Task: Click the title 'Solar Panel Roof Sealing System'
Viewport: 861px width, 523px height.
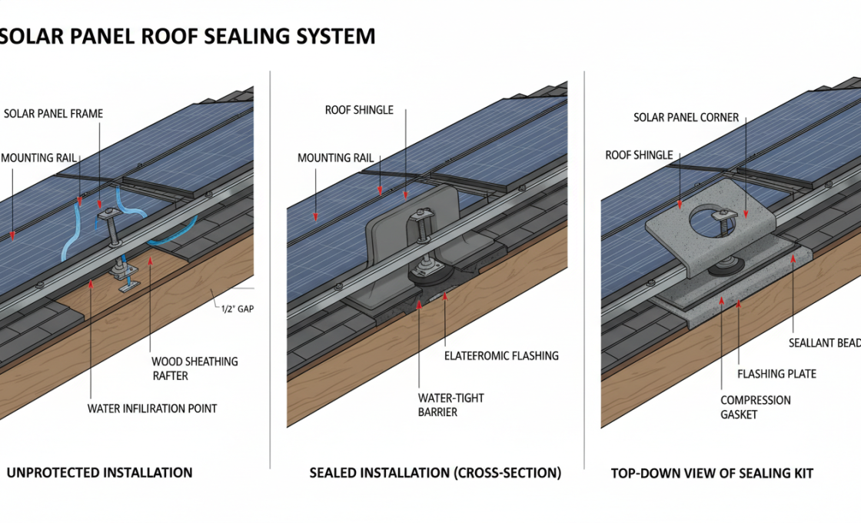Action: [188, 36]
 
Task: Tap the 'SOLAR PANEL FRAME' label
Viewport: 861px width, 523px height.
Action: [53, 114]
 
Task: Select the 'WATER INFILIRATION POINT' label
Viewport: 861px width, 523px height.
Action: [152, 408]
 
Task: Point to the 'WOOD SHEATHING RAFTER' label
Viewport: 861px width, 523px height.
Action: [194, 368]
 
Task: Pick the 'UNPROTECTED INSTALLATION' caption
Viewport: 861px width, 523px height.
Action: [99, 472]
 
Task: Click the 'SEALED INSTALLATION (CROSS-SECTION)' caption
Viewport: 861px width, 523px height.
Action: [435, 473]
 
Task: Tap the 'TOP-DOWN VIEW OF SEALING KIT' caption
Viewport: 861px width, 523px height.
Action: [712, 473]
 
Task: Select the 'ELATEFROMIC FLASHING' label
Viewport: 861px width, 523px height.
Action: [501, 356]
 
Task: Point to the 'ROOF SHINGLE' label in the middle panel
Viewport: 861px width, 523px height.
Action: [359, 110]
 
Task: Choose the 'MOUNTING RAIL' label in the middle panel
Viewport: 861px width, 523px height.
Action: [335, 158]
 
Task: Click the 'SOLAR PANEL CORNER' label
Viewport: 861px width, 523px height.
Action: [686, 118]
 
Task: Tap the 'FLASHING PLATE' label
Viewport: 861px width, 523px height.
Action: [776, 374]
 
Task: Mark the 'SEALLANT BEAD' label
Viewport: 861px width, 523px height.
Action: [824, 343]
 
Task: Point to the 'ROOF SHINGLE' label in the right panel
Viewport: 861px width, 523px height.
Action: [639, 155]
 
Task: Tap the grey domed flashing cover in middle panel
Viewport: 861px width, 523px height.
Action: [415, 219]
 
